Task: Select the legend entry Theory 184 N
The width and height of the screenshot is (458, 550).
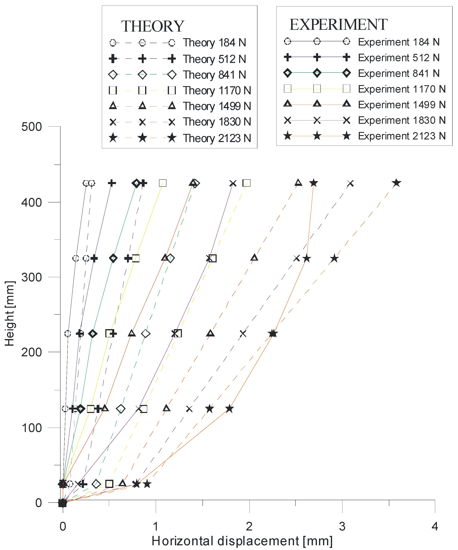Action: [x=214, y=43]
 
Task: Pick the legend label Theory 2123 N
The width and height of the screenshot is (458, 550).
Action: [x=217, y=138]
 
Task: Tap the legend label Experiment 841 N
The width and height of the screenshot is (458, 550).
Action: [x=399, y=73]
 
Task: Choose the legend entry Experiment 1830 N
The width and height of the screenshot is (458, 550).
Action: [x=402, y=120]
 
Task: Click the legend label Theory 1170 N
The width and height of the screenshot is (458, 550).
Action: [x=217, y=91]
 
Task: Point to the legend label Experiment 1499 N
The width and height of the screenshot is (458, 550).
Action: [x=402, y=105]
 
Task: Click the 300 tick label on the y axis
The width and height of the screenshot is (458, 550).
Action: [x=31, y=277]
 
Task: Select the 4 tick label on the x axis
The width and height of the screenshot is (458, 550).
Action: [x=435, y=526]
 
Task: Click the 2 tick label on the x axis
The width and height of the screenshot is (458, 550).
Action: [x=249, y=526]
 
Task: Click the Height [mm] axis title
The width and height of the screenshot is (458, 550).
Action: [x=10, y=313]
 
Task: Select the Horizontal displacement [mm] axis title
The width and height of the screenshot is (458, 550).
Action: [x=242, y=541]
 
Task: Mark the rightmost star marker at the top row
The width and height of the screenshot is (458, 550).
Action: [x=396, y=183]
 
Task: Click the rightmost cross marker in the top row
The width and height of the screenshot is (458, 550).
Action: [x=350, y=184]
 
